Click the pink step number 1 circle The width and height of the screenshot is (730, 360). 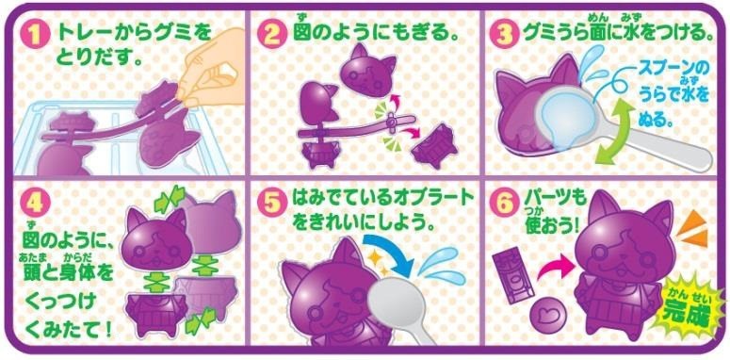coord(36,36)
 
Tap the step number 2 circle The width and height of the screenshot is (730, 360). coord(274,36)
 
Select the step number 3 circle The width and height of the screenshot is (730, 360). coord(505,36)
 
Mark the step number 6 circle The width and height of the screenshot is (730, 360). coord(504,204)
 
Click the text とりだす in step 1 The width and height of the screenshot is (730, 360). coord(99,58)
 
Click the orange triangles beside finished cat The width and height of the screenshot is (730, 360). coord(694,230)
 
